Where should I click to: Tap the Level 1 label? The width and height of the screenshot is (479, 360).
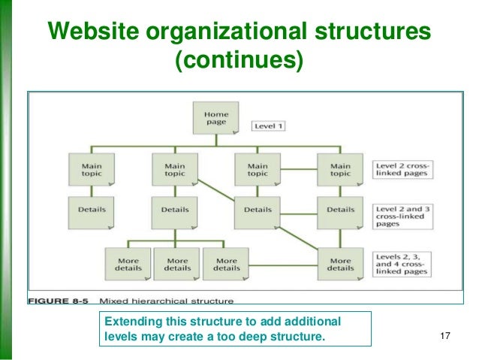click(x=267, y=126)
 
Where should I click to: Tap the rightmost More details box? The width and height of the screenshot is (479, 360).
click(x=340, y=263)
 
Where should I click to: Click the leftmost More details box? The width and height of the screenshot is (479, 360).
click(x=127, y=263)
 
